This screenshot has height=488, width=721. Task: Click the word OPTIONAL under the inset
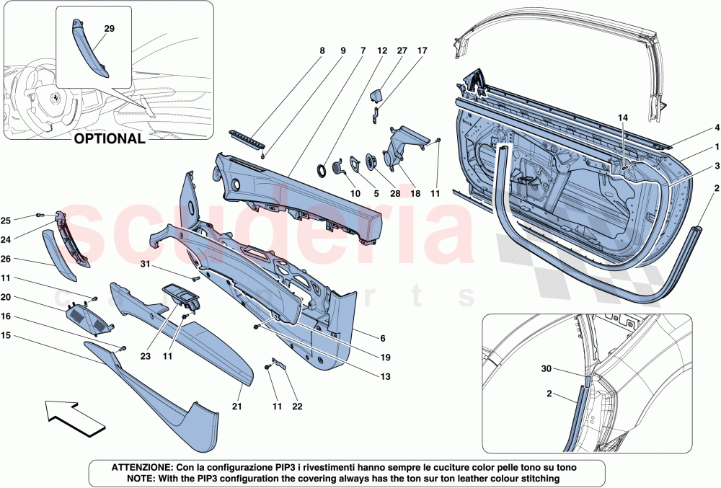(110, 139)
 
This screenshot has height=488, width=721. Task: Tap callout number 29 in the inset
(110, 30)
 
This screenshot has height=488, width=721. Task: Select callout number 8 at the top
(322, 51)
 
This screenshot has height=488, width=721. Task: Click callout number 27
(402, 51)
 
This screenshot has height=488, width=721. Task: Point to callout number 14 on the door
(623, 117)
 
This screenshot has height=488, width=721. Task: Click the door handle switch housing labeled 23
(180, 296)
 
